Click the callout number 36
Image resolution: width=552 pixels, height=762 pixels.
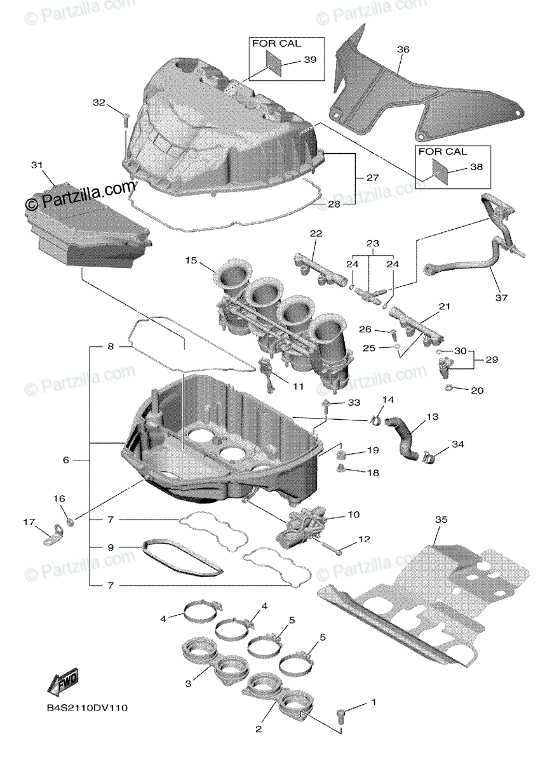click(403, 49)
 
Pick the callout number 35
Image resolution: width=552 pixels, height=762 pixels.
click(441, 520)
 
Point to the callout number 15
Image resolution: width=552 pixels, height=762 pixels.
click(192, 261)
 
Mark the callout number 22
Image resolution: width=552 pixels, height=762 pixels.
click(316, 234)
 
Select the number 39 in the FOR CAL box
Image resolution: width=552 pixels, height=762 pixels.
click(309, 59)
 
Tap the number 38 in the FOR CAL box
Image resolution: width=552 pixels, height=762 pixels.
click(476, 167)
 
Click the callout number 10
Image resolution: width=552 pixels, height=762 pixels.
click(353, 514)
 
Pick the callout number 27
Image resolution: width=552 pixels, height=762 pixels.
click(372, 178)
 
